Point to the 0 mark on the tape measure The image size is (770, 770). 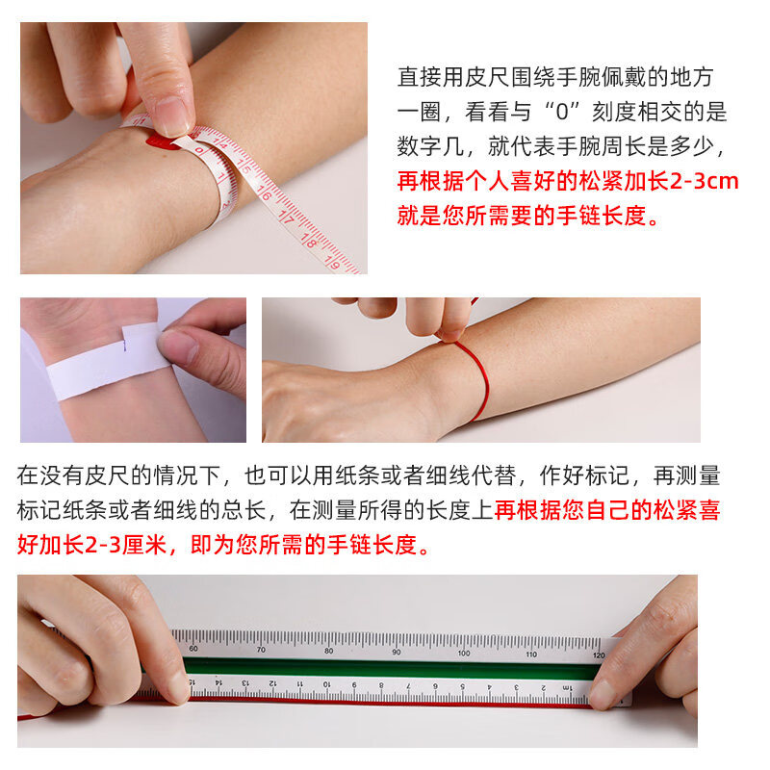click(x=199, y=150)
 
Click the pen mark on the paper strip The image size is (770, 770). click(x=126, y=337)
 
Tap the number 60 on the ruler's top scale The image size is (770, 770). click(x=193, y=650)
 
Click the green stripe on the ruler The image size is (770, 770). click(x=385, y=668)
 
